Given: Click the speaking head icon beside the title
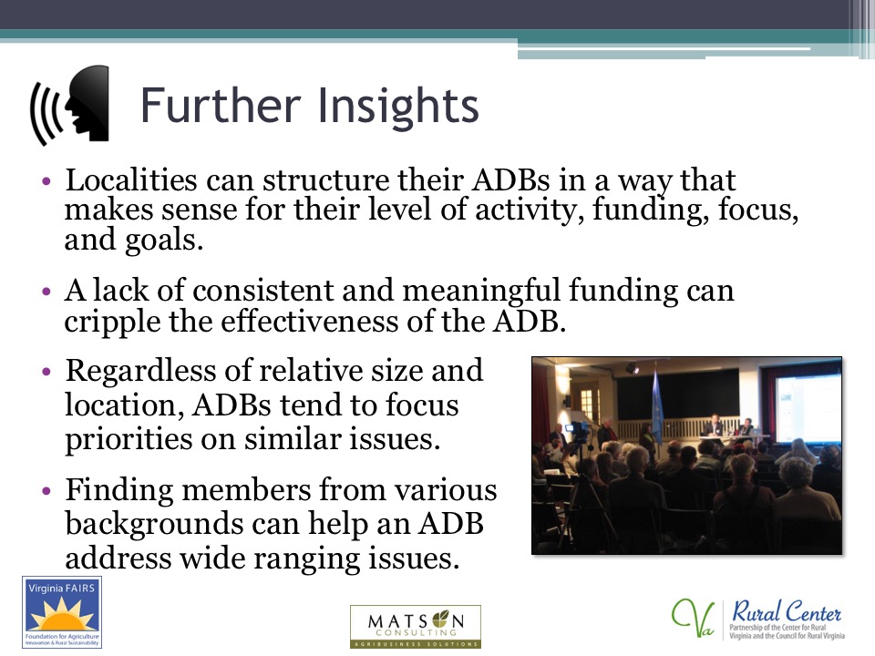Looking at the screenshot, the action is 70,105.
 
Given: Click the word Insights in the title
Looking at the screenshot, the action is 398,105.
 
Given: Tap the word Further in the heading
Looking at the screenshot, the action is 221,105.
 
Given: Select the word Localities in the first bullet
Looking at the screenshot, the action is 131,179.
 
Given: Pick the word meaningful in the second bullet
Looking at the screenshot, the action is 480,291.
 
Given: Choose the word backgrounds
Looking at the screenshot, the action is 155,525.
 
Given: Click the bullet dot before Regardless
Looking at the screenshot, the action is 46,371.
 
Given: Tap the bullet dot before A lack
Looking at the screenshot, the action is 46,292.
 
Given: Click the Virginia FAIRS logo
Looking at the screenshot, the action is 62,612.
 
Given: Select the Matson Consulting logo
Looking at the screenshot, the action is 416,627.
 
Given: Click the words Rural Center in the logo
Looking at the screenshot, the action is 787,612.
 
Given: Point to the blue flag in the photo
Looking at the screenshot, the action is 657,407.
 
